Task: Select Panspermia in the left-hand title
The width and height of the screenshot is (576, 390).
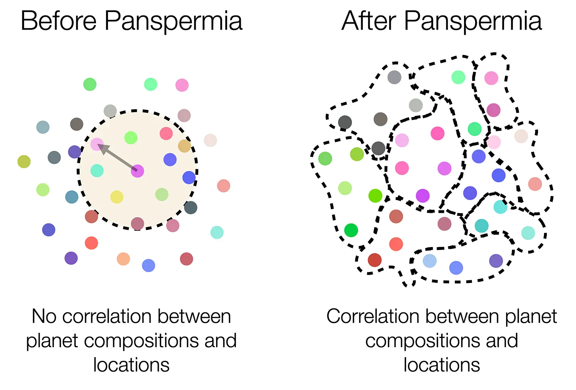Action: click(x=173, y=22)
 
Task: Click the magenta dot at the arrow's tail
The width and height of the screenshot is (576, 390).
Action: click(x=137, y=171)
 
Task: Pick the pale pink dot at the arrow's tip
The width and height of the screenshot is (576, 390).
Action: click(x=96, y=144)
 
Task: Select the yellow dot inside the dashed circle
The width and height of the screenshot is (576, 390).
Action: click(x=116, y=197)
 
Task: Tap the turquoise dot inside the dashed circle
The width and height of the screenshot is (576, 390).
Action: click(x=97, y=170)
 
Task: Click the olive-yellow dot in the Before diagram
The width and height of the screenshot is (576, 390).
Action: click(x=24, y=162)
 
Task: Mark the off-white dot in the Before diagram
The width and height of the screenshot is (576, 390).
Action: click(x=210, y=140)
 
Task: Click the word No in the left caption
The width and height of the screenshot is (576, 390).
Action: click(x=44, y=316)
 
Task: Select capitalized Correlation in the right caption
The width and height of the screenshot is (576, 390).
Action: click(x=372, y=316)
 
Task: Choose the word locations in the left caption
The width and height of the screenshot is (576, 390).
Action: click(x=131, y=365)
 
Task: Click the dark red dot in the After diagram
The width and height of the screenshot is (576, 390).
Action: click(x=374, y=260)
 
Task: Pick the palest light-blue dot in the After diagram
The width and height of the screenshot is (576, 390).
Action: click(x=430, y=261)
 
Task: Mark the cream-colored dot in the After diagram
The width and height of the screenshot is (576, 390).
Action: click(x=521, y=136)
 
